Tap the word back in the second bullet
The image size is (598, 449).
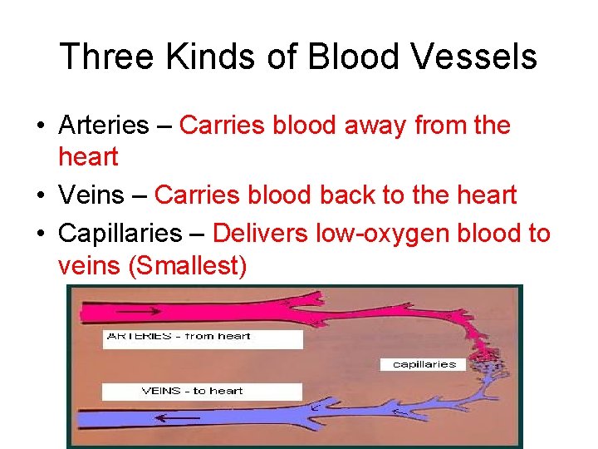pos(346,195)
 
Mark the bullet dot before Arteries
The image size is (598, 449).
pos(40,126)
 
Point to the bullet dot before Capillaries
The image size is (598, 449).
pos(40,234)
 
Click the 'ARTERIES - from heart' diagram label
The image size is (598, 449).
pos(179,337)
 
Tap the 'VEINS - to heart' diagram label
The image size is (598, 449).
pos(193,391)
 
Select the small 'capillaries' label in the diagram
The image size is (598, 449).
pos(424,364)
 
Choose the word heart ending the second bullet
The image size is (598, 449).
pos(482,195)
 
